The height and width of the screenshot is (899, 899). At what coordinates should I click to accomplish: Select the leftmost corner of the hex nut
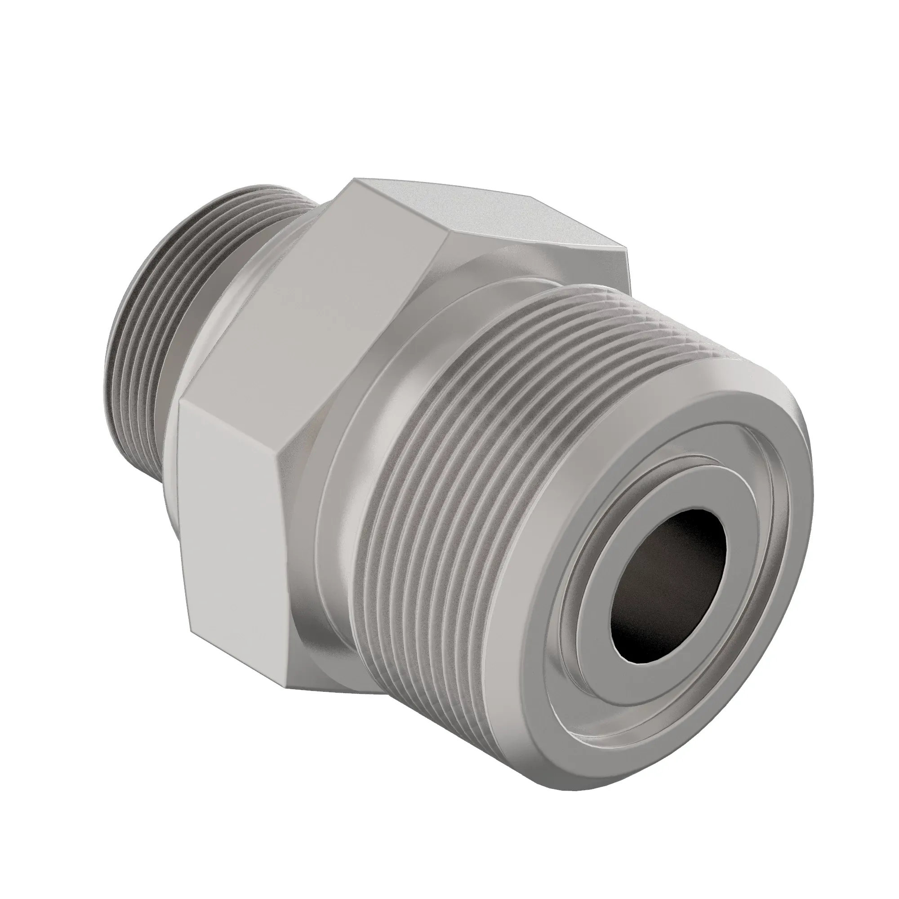click(x=179, y=405)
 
